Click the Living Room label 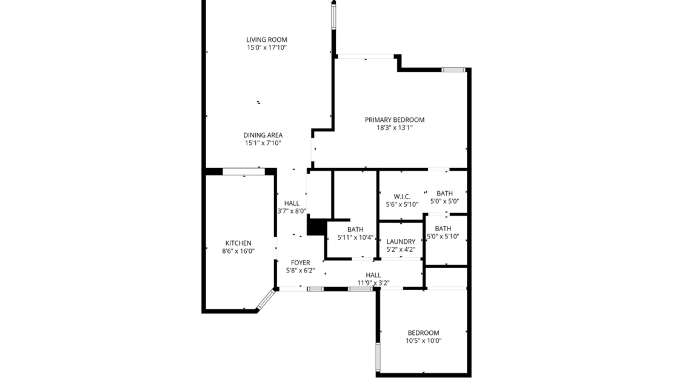[266, 39]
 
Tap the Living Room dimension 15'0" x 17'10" [266, 47]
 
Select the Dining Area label [263, 135]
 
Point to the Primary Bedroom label [394, 120]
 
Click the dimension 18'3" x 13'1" [394, 128]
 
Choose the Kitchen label [238, 243]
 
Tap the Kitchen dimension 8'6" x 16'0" [238, 251]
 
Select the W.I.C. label [402, 197]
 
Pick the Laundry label [401, 241]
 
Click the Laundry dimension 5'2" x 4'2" [401, 249]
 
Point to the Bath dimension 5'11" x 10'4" [355, 237]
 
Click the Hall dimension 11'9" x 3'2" [373, 282]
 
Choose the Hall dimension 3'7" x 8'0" [292, 211]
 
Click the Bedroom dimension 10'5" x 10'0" [423, 340]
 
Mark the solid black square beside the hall [316, 227]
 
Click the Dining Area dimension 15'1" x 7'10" [263, 143]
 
